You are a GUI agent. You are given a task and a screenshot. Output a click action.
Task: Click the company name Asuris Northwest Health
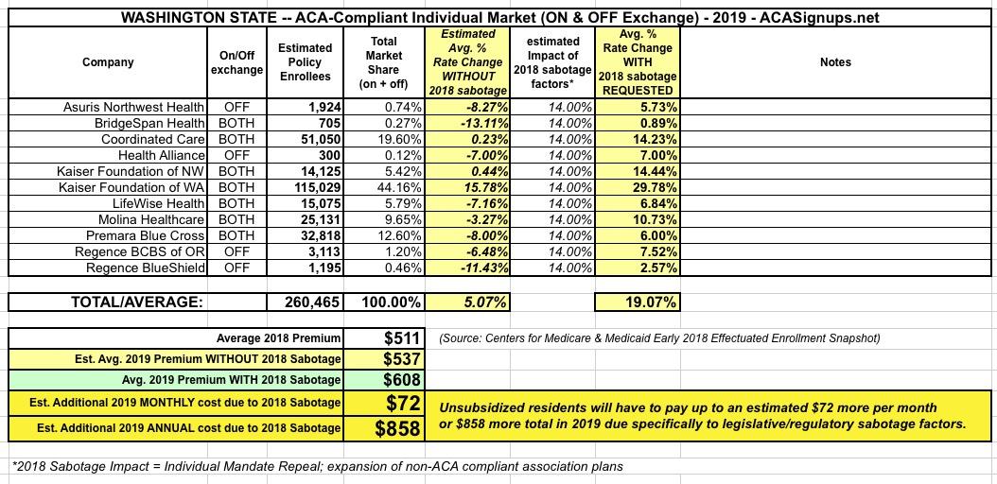point(135,108)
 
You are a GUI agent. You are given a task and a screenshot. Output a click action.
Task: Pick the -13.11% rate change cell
point(481,124)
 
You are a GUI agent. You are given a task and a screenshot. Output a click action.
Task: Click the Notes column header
point(836,62)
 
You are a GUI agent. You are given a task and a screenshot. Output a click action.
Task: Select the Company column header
point(108,62)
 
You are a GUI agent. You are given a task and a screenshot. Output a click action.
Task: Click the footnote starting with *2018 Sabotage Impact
point(318,466)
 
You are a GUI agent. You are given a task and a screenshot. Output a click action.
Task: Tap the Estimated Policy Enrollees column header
point(305,62)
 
